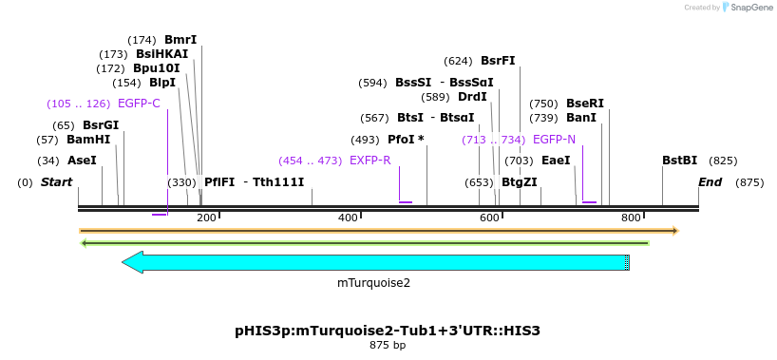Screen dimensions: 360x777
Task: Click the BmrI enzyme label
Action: coord(180,40)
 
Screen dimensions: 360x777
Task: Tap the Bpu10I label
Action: coord(156,68)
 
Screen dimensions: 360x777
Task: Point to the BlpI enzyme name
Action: coord(162,83)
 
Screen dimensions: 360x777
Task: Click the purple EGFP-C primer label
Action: coord(139,104)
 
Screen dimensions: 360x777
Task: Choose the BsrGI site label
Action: coord(101,125)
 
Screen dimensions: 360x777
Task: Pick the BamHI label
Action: coord(88,140)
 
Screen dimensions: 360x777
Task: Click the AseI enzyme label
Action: coord(82,161)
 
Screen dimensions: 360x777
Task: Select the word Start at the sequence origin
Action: coord(56,182)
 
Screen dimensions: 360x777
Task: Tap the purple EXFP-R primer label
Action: coord(370,161)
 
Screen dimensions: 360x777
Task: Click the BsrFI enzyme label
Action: coord(498,61)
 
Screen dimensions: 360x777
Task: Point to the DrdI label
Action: coord(472,97)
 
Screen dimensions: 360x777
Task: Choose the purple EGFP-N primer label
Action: coord(554,140)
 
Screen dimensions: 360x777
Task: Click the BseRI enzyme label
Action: coord(585,104)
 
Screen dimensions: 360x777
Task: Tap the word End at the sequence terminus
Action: coord(710,182)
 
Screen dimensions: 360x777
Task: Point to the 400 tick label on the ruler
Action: coord(348,218)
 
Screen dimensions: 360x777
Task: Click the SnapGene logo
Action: coord(744,8)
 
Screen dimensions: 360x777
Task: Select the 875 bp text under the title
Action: coord(388,346)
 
